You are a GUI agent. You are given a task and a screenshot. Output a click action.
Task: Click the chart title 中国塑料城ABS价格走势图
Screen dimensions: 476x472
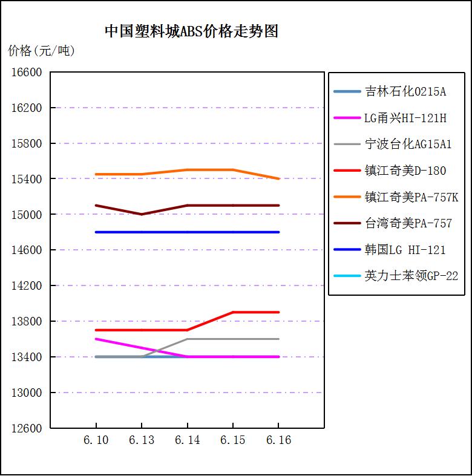point(191,31)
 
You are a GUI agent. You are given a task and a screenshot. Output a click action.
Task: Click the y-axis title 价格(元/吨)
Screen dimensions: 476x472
point(41,51)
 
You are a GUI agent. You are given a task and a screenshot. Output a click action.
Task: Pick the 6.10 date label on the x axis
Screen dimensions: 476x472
point(96,440)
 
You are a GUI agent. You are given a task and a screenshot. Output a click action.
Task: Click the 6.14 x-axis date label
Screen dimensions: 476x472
point(187,440)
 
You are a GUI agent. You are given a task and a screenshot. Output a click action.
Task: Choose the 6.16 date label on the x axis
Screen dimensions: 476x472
point(278,440)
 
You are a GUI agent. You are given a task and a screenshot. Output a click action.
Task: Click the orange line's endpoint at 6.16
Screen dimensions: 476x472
point(278,179)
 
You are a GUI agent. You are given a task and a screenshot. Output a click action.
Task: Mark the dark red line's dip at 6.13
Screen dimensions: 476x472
point(142,214)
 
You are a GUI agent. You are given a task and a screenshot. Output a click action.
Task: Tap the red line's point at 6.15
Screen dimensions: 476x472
point(233,312)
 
